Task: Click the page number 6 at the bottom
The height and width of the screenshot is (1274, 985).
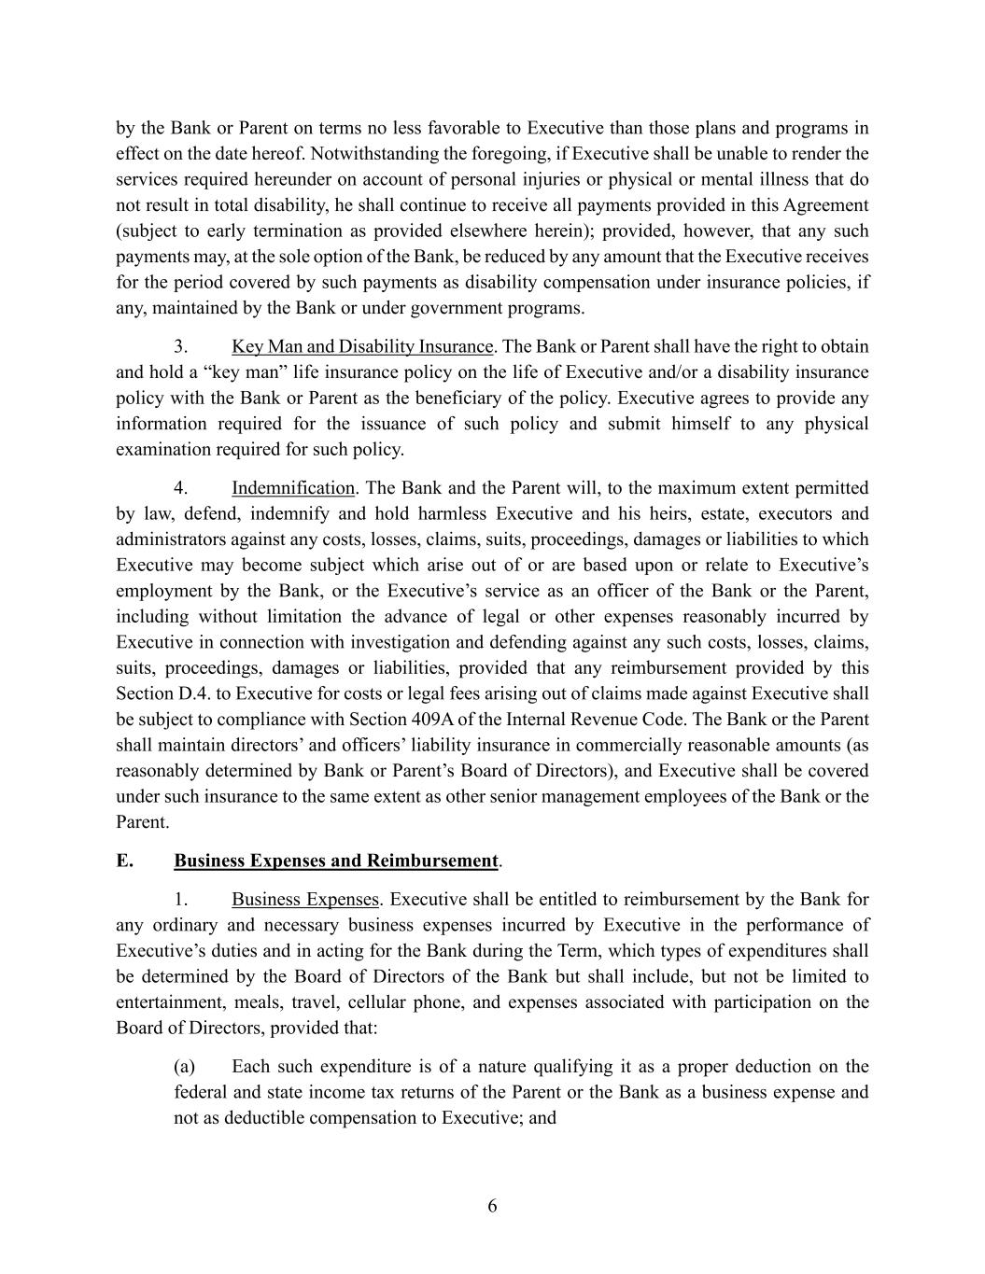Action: tap(492, 1207)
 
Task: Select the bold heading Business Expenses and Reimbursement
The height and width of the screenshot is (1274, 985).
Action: tap(336, 861)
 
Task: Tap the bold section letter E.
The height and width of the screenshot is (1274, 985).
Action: tap(123, 861)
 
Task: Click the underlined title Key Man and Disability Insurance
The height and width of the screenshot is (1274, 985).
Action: tap(362, 347)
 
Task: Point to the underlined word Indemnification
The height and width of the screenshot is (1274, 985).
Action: tap(293, 488)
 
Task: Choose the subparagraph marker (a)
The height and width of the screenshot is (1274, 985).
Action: tap(185, 1067)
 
